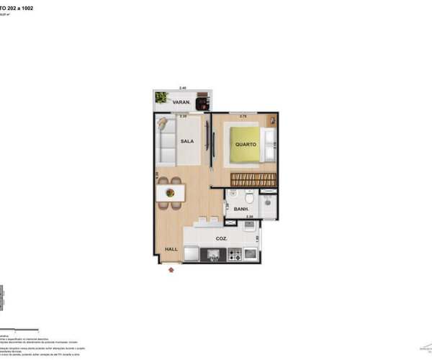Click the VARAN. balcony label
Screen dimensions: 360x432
[181, 102]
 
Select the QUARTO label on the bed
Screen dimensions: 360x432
[246, 143]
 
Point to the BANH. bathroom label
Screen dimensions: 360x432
[241, 210]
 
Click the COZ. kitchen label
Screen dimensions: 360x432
[222, 238]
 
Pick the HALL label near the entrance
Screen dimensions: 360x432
[171, 249]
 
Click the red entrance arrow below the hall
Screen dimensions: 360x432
[171, 270]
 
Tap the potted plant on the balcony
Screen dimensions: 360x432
[162, 97]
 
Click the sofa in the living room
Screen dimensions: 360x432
[165, 140]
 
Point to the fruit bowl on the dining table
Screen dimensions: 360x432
[171, 192]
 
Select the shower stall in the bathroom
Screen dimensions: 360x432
[267, 206]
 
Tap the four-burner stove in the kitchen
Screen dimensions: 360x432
[235, 254]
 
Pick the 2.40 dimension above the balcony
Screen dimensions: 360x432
[182, 88]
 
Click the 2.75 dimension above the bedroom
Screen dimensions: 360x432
[243, 115]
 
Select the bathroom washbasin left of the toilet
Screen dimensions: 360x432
[233, 198]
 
